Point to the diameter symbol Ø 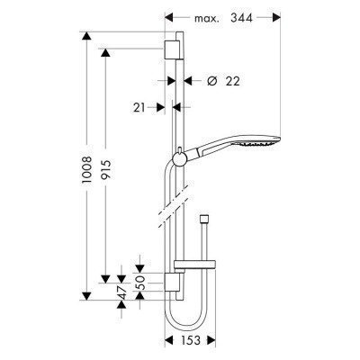coord(212,82)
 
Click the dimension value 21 coord(139,106)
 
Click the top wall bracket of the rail coord(175,49)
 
